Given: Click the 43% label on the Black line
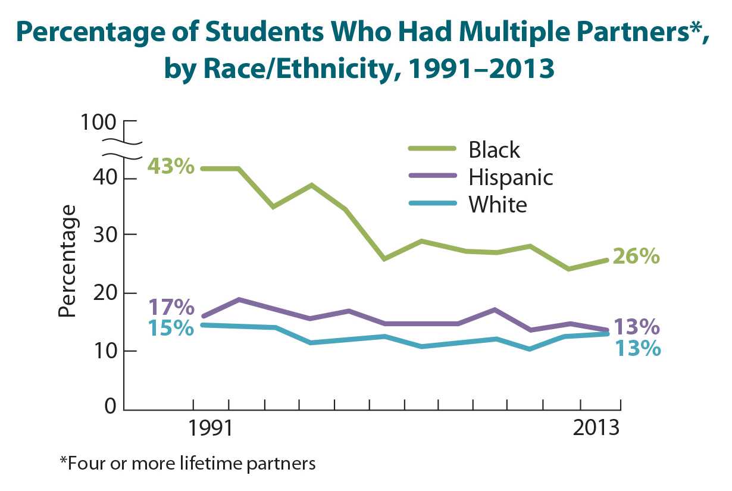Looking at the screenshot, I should [x=171, y=166].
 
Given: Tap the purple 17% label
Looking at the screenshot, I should [x=171, y=308].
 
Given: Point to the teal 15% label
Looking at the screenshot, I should [x=171, y=328].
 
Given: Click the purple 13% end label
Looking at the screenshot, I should [x=637, y=327].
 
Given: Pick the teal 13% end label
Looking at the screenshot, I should [x=637, y=348].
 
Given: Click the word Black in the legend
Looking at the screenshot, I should [x=494, y=149].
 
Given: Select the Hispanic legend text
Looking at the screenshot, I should [x=511, y=177].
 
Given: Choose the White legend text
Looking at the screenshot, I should [x=498, y=204].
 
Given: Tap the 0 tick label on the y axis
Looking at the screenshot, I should [x=111, y=408].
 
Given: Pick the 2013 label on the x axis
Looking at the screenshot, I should [x=596, y=429].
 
